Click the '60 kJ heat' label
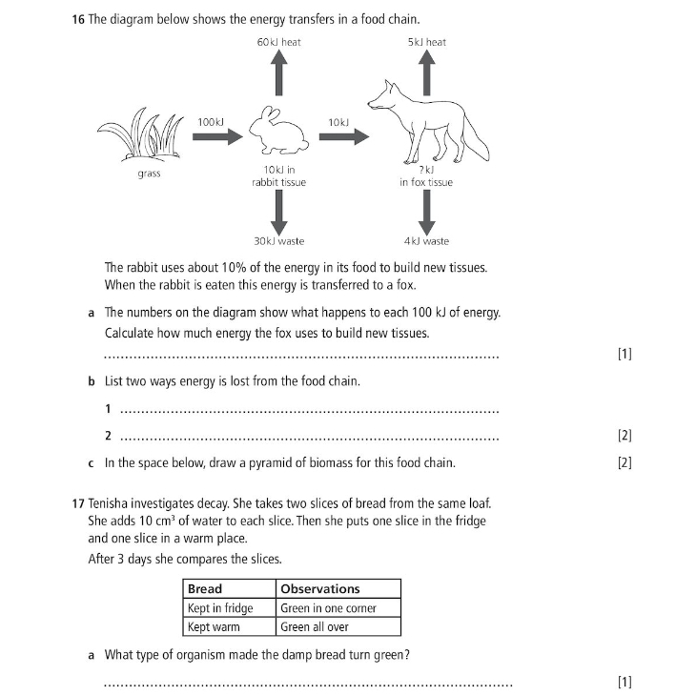[x=278, y=42]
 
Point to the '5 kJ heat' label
[x=426, y=42]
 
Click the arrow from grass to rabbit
[x=217, y=137]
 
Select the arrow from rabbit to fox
[x=343, y=137]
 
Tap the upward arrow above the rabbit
[x=278, y=72]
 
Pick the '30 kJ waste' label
[x=278, y=242]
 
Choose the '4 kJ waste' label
[x=426, y=242]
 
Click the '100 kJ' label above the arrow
[x=211, y=121]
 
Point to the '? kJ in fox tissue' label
[x=426, y=175]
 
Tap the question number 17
[x=78, y=502]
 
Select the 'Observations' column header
[x=320, y=589]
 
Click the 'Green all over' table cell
[x=315, y=626]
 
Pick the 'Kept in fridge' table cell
[x=220, y=608]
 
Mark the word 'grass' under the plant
[x=149, y=174]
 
